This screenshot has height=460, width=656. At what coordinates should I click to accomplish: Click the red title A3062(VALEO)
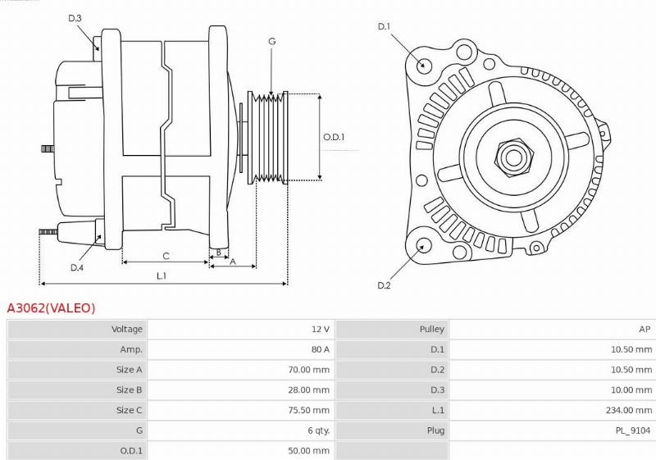pos(51,308)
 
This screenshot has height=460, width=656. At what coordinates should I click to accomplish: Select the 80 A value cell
pos(320,349)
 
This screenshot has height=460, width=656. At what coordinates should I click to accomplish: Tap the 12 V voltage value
pos(320,329)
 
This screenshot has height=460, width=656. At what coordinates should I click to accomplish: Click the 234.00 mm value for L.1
pos(630,410)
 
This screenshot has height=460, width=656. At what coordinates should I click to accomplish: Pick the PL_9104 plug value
pos(635,430)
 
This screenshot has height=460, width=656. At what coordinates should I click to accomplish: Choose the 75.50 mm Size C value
pos(310,410)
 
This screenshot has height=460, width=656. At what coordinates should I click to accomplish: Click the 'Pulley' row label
pos(431,329)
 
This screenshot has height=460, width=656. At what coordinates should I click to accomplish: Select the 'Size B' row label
pos(130,390)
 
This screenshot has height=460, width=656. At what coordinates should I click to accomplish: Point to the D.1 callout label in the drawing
pos(383,27)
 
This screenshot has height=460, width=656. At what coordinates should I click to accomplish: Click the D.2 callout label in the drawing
pos(383,285)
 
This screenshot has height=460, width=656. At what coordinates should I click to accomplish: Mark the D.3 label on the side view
pos(75,18)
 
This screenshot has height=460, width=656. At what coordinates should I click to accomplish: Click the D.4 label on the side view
pos(76,267)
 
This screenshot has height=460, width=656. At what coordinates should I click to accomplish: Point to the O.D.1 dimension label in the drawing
pos(334,137)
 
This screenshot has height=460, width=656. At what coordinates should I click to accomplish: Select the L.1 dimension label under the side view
pos(162,276)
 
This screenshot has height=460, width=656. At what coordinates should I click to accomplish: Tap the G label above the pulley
pos(271,41)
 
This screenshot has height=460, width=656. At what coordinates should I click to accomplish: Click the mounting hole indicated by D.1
pos(423,66)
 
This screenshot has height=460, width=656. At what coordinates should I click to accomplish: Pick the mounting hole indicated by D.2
pos(424,245)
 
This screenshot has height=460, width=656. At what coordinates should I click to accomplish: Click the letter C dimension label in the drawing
pos(166,255)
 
